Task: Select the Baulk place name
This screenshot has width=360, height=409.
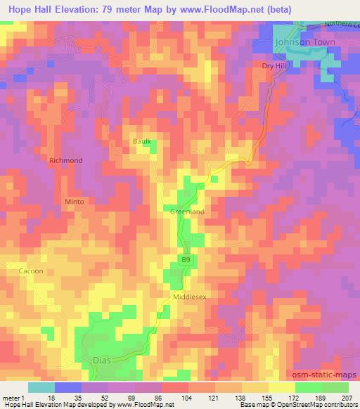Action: [x=142, y=142]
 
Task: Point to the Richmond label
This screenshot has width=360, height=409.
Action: [x=65, y=160]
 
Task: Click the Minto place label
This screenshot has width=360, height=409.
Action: [x=75, y=202]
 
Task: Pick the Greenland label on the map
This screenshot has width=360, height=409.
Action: [x=187, y=212]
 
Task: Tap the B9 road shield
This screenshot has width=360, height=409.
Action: [x=186, y=260]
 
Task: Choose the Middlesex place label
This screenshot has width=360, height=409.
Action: [x=190, y=297]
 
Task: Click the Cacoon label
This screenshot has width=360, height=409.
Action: [x=30, y=271]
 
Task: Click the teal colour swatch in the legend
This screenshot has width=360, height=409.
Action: [x=41, y=387]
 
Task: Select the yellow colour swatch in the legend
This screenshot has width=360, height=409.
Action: [x=281, y=387]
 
